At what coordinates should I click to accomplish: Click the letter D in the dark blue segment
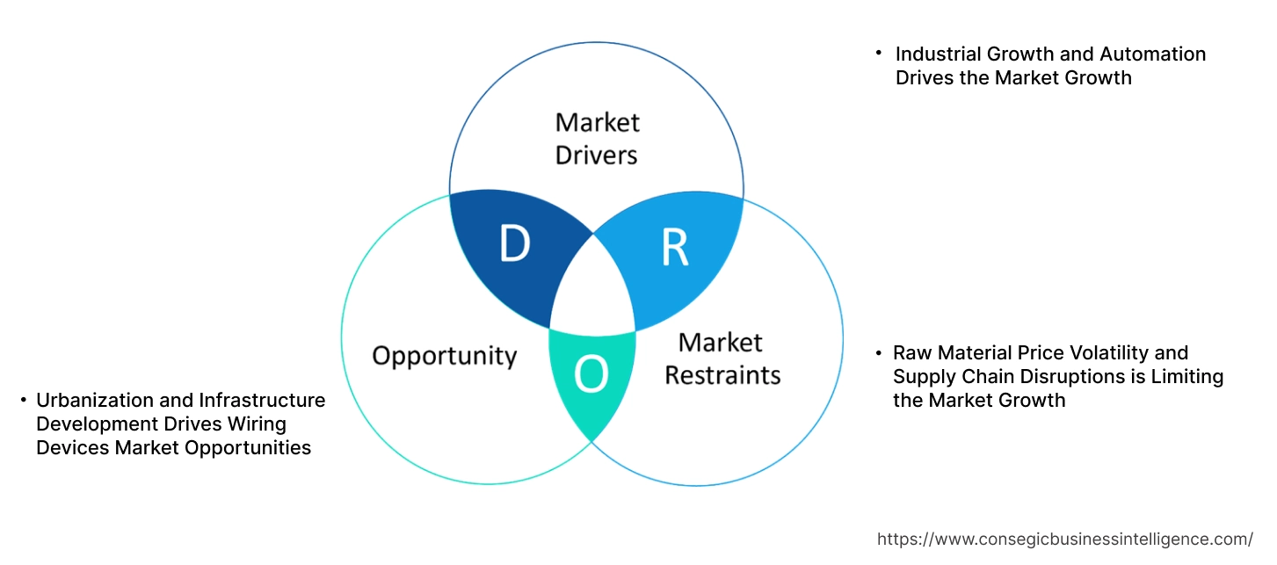514,244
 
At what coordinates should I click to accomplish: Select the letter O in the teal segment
591,376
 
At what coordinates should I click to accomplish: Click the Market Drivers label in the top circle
597,138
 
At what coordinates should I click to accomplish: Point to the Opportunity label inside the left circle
444,356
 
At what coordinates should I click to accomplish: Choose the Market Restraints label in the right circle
722,359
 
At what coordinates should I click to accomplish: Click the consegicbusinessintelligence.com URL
1065,539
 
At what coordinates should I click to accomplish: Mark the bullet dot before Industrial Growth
878,54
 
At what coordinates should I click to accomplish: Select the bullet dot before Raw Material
878,352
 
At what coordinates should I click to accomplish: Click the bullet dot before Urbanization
23,400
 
